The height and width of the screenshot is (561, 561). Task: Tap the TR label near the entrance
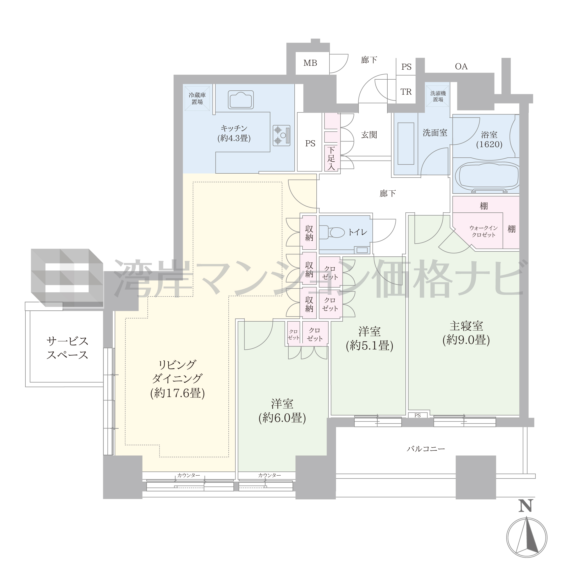click(x=406, y=92)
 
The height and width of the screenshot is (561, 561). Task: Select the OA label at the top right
click(x=461, y=67)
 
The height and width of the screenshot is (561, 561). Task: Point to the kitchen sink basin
click(x=241, y=100)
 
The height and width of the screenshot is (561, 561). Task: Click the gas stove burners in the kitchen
click(x=281, y=135)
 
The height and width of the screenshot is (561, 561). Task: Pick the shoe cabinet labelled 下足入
click(x=331, y=158)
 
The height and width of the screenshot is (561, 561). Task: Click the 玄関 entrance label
click(x=369, y=135)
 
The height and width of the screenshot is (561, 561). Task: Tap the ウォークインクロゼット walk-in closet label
click(x=483, y=232)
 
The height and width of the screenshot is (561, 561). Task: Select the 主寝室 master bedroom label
click(x=466, y=326)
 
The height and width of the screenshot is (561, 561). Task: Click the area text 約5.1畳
click(x=370, y=345)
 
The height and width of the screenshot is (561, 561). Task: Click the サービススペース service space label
click(x=67, y=348)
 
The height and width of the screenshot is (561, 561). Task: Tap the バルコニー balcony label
click(x=426, y=449)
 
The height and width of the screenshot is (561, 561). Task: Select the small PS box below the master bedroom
click(x=417, y=415)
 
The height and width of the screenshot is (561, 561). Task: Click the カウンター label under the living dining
click(x=189, y=475)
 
